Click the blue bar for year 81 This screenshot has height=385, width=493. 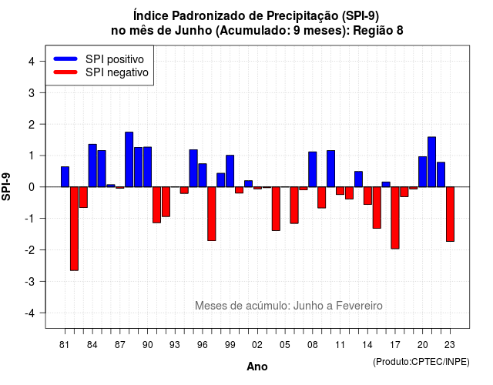65,176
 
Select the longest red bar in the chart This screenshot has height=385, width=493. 74,229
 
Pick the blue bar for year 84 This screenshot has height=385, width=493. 92,166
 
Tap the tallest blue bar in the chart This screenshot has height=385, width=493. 129,159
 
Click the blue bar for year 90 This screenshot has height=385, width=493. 147,167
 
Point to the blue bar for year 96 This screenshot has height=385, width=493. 203,175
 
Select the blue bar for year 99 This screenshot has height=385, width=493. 230,171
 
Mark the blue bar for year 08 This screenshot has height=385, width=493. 313,169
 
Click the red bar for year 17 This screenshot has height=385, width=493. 395,218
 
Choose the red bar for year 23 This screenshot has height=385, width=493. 450,214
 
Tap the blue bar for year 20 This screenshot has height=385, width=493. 423,172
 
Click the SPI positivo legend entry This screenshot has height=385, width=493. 99,59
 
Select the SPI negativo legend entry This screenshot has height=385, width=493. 101,72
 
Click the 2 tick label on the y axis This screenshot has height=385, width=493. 31,125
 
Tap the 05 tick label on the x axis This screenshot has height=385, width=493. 285,345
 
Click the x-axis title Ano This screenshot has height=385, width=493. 257,367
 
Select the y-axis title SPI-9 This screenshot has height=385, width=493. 6,186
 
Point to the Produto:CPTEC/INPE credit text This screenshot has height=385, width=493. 421,362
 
